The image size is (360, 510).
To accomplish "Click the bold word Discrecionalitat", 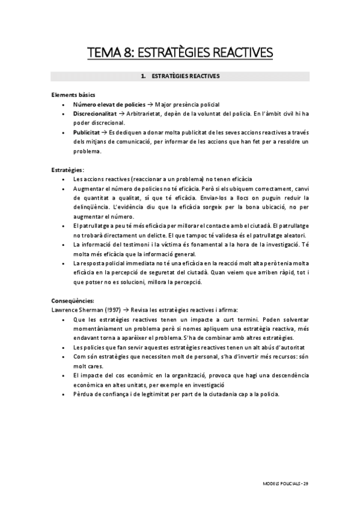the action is [x=96, y=114].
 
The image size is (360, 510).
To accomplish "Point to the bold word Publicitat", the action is [x=87, y=132].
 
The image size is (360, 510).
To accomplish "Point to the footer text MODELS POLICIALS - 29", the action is [x=286, y=483].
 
